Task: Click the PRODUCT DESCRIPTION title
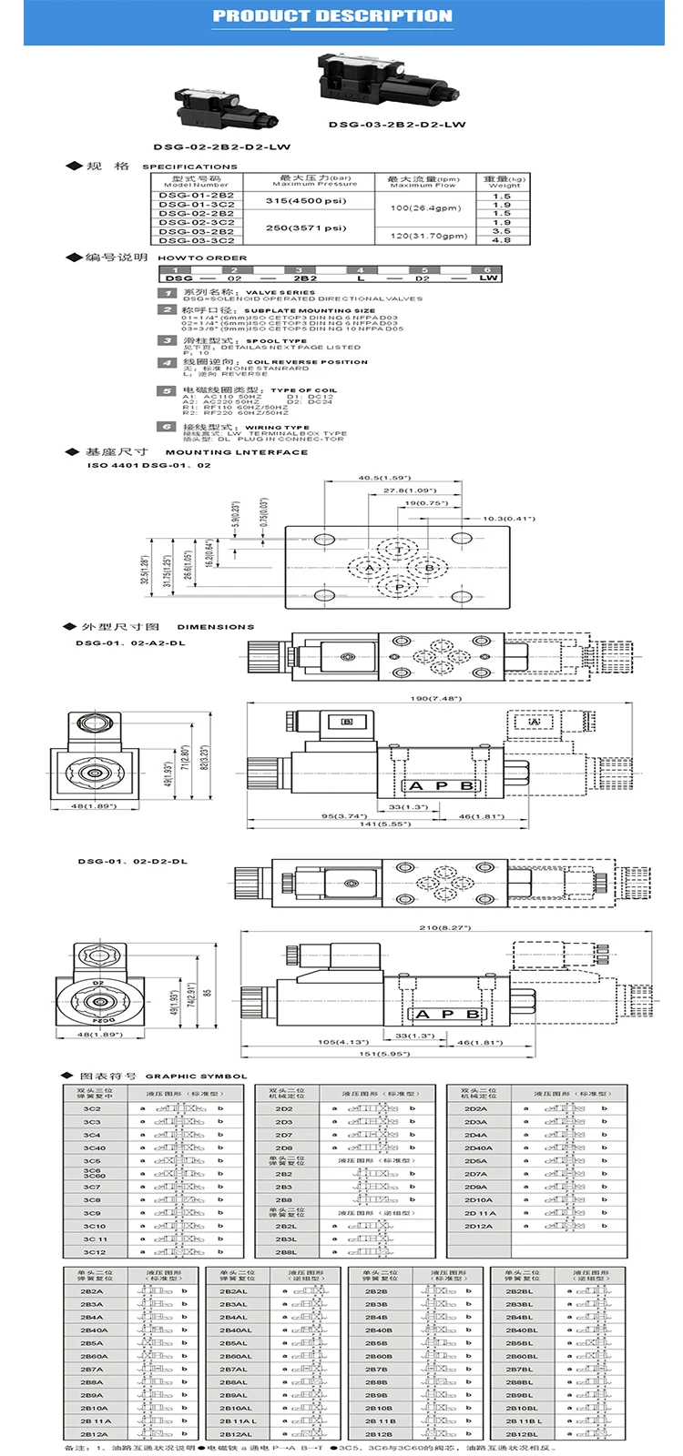pos(332,15)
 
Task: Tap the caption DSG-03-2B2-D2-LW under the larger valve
pos(397,125)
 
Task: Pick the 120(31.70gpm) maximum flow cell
pos(428,236)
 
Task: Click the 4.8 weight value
pos(502,240)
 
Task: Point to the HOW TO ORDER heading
pos(202,258)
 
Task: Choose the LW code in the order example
pos(489,278)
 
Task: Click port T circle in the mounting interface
pos(399,551)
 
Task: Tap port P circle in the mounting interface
pos(399,588)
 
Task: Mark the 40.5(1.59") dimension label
pos(384,478)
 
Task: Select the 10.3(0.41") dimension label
pos(506,519)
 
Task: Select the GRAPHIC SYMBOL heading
pos(196,1077)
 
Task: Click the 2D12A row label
pos(479,1226)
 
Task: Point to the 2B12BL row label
pos(522,1434)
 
